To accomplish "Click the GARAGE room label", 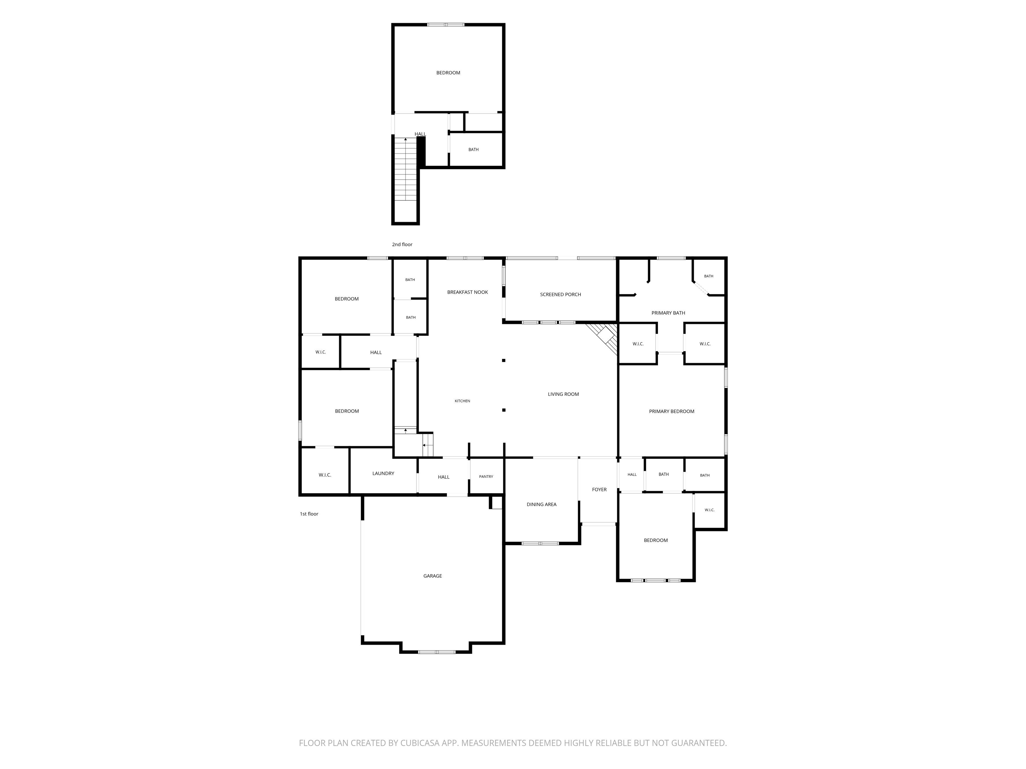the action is coord(432,576).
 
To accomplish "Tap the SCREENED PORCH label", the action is coord(560,294).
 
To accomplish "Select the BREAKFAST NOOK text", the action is coord(468,292).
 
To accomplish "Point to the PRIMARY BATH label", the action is coord(668,313).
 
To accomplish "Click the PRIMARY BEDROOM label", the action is coord(671,411).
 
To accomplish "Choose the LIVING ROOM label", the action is coord(563,394).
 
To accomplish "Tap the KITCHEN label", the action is coord(462,401).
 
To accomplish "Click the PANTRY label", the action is coord(486,477).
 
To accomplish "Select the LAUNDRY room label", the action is coord(383,473).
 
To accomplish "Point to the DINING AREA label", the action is coord(541,504).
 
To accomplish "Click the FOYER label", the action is coord(599,490).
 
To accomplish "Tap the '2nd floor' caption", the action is coord(402,244).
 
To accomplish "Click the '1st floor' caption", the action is coord(309,514).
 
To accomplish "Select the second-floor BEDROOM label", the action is coord(448,73).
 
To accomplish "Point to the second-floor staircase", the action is coord(406,169).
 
